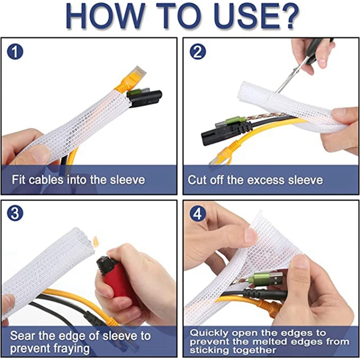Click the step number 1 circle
pyautogui.click(x=15, y=52)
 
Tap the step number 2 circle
pyautogui.click(x=196, y=52)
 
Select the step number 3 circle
pyautogui.click(x=15, y=213)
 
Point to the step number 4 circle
pyautogui.click(x=196, y=214)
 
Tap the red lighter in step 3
pyautogui.click(x=115, y=277)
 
